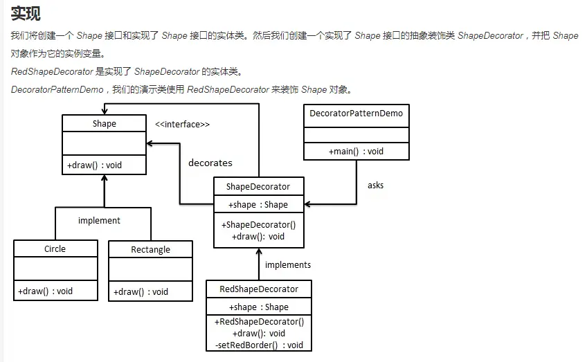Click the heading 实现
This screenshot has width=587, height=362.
26,14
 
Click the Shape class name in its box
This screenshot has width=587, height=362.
104,124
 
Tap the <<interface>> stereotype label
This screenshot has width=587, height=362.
182,125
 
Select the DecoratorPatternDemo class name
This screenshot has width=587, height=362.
356,113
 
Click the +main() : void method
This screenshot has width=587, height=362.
356,151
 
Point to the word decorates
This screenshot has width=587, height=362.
210,163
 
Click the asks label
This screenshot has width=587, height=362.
375,185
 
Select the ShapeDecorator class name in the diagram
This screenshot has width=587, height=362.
258,186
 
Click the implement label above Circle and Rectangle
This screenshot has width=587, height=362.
99,221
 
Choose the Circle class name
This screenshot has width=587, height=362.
55,249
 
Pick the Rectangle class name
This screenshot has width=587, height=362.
150,250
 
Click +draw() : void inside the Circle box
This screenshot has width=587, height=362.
46,291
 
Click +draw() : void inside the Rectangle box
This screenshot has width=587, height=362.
141,291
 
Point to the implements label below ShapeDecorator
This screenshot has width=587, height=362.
288,265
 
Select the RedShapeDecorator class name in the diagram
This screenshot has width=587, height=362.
259,289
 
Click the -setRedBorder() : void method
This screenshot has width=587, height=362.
259,345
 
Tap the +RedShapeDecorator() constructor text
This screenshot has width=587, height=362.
259,322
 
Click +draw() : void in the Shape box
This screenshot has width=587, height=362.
94,165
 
